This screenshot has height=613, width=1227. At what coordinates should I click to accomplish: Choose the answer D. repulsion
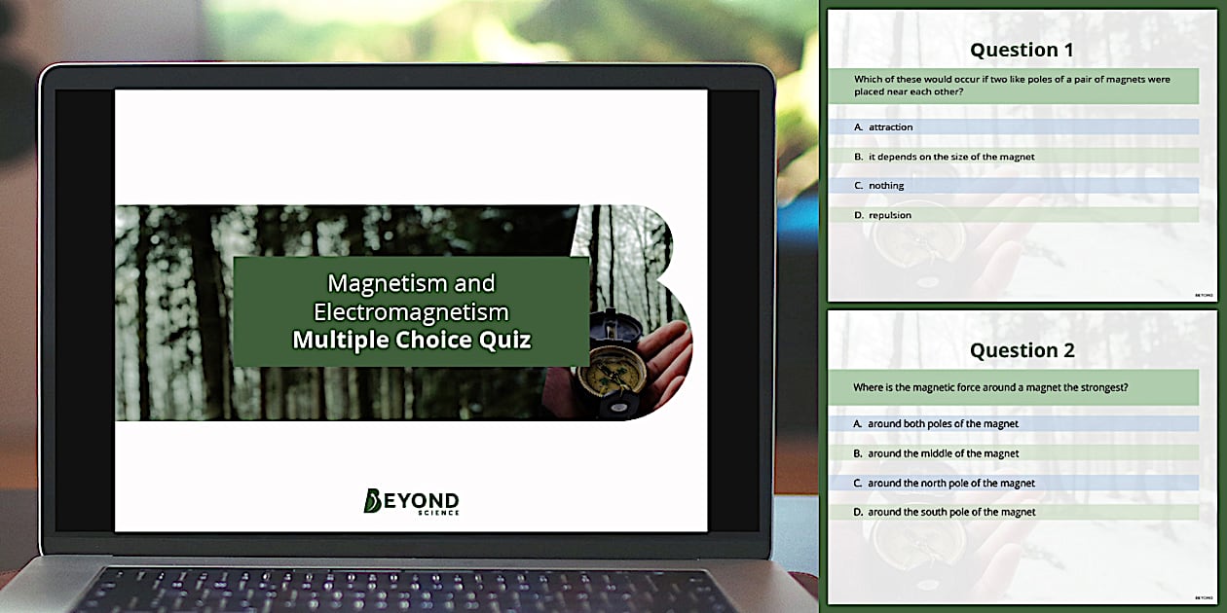click(x=889, y=215)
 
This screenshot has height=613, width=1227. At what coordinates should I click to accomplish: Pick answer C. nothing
click(x=885, y=186)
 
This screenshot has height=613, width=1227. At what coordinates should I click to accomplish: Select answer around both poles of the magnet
click(x=943, y=424)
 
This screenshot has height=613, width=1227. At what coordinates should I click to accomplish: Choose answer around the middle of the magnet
click(x=943, y=453)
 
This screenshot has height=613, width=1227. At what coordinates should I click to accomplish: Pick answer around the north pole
click(x=950, y=483)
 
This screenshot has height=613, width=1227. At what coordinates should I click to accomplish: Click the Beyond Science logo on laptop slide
click(x=411, y=500)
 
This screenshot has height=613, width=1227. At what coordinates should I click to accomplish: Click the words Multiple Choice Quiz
click(x=412, y=341)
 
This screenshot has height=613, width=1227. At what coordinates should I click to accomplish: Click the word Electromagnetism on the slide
click(x=411, y=311)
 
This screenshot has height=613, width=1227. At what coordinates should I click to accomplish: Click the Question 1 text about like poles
click(x=1012, y=86)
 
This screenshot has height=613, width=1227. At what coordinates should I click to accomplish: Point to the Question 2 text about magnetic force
click(x=990, y=387)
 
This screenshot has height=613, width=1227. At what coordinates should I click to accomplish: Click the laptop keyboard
click(x=409, y=590)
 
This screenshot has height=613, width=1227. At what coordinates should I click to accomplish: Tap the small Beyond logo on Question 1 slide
click(x=1204, y=295)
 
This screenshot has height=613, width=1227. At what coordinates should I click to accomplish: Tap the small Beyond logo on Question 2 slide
click(x=1204, y=597)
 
